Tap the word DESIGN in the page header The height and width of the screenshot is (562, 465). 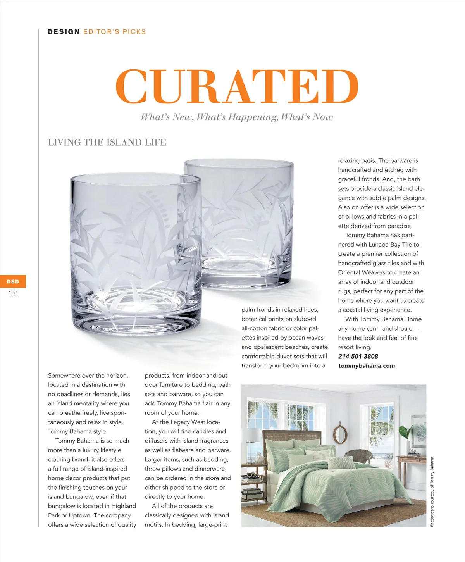[64, 32]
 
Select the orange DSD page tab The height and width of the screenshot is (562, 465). [13, 281]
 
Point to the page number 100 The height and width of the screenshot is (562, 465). [13, 293]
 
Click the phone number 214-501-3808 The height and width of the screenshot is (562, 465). [358, 356]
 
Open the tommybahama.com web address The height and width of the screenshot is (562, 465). [366, 365]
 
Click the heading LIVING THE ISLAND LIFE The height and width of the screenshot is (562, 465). [107, 142]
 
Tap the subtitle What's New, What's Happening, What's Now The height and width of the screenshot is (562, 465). [237, 117]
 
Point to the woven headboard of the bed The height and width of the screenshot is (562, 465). [291, 436]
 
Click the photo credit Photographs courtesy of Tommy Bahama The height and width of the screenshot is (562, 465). [432, 492]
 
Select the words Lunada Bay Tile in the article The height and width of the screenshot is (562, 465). [390, 245]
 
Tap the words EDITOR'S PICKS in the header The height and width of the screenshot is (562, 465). [115, 32]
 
